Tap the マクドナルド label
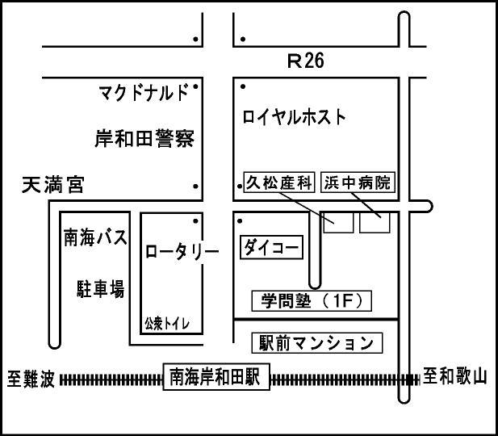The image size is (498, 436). coord(143,90)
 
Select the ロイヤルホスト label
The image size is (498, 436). coord(295,116)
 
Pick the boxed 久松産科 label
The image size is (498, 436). coord(278,182)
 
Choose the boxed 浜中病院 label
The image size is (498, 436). coord(358,182)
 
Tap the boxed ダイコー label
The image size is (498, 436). coord(272,247)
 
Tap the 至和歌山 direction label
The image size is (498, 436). coord(455,377)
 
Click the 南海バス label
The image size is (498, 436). coord(95,237)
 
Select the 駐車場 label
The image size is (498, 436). coord(95,288)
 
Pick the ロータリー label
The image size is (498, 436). coord(182,251)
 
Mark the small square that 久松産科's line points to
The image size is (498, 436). coord(338,222)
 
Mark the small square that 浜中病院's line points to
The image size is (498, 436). coord(375,222)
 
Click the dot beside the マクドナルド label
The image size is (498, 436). coord(195,84)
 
